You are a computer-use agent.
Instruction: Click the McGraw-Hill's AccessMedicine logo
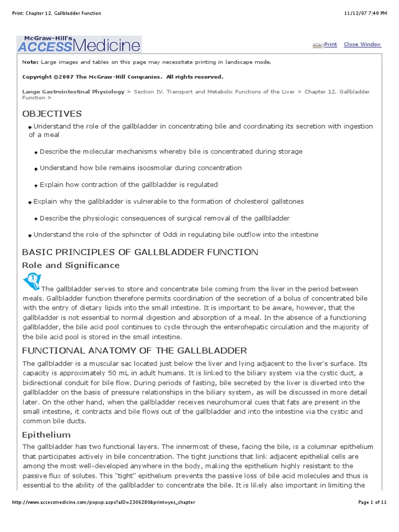78,44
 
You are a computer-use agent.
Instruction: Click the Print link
330,45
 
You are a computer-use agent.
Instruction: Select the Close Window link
362,45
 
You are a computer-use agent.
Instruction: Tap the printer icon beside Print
317,45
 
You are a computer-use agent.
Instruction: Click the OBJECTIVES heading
52,114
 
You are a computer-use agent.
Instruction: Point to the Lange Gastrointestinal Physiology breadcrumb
73,91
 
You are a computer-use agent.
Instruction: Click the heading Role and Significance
71,265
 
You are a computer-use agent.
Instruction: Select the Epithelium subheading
46,434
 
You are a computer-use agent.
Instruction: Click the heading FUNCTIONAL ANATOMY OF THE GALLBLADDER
135,350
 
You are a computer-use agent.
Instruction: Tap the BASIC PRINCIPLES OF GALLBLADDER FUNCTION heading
140,252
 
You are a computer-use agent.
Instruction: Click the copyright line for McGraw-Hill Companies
123,77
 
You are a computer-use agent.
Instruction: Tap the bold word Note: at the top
30,62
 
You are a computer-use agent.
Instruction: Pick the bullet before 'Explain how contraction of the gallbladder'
36,185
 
